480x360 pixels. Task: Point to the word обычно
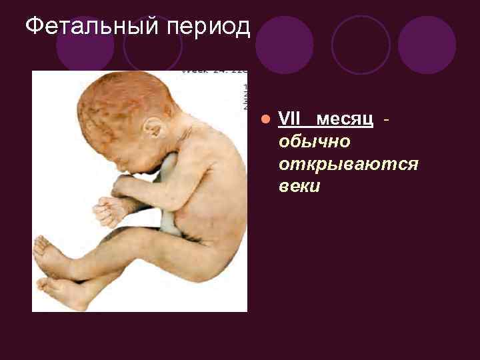tap(315, 142)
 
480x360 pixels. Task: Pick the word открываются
tap(349, 164)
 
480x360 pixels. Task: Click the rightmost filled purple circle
tap(427, 45)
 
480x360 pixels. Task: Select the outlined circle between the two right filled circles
tap(361, 45)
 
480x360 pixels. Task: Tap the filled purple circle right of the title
tap(284, 45)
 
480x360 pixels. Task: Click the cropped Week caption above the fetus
tap(213, 71)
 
